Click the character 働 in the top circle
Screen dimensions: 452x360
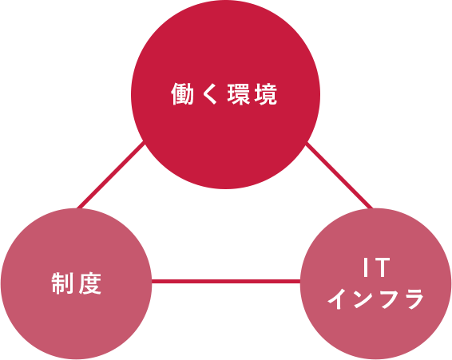click(182, 94)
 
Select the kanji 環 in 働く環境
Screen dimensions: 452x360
click(239, 94)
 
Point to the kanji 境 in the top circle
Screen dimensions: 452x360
click(266, 94)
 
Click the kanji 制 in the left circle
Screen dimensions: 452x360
click(62, 283)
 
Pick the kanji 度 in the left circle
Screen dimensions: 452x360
click(90, 283)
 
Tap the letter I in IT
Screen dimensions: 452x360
click(366, 267)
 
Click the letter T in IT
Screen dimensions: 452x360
click(382, 267)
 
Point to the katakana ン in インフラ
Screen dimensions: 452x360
click(363, 300)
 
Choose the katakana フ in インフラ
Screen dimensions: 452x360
click(389, 300)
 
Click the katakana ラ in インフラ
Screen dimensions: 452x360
click(414, 299)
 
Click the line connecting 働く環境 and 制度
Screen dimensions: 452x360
click(110, 175)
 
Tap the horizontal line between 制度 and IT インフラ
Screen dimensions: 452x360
click(226, 281)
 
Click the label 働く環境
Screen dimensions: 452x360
click(224, 94)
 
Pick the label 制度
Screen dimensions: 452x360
click(77, 283)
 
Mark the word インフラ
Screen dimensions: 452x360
click(375, 299)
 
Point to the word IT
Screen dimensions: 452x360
click(377, 267)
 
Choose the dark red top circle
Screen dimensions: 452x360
click(225, 94)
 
